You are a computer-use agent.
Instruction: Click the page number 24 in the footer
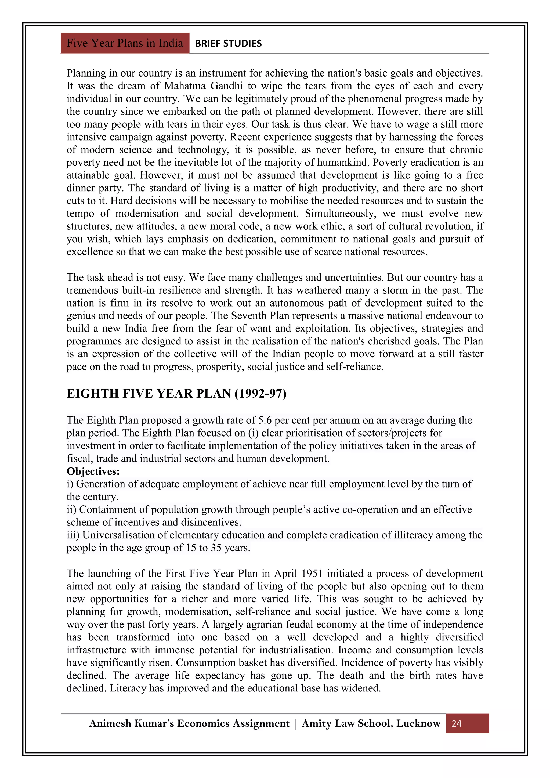(x=456, y=723)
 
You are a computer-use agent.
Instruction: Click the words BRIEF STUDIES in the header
(x=228, y=43)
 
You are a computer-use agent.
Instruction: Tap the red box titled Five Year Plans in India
(x=125, y=43)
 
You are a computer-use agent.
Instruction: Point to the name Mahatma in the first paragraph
(x=184, y=86)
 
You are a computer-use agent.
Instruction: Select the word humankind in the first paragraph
(x=343, y=162)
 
